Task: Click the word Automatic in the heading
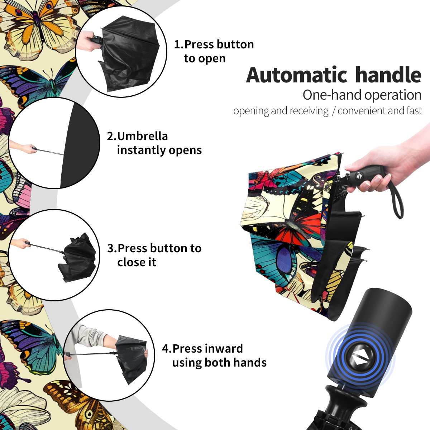(297, 75)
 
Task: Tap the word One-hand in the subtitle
(332, 95)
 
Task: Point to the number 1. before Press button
(179, 44)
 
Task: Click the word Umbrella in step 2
(142, 136)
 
